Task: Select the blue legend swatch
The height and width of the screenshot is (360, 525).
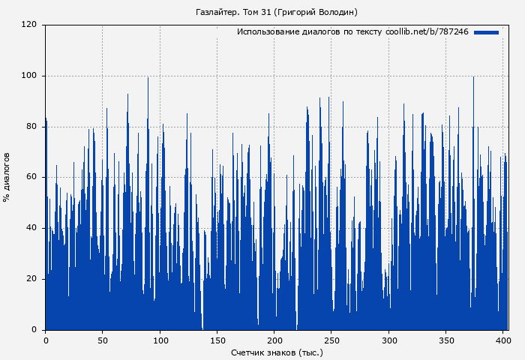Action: click(x=486, y=32)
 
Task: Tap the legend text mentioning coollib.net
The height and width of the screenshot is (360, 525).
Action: click(x=352, y=32)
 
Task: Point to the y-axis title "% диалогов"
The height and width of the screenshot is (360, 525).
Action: click(x=7, y=177)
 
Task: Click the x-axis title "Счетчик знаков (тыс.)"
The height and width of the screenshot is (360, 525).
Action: click(x=277, y=352)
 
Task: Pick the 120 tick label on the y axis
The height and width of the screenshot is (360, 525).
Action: click(x=29, y=25)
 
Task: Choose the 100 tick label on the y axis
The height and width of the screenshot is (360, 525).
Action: click(x=29, y=76)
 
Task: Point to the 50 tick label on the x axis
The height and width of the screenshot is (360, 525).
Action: click(x=103, y=340)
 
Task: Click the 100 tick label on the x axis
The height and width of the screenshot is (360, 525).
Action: click(x=160, y=340)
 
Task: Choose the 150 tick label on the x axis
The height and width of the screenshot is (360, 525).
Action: click(x=217, y=340)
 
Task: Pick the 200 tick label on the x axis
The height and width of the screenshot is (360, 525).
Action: click(x=274, y=340)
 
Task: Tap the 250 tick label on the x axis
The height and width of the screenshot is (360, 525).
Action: click(x=331, y=340)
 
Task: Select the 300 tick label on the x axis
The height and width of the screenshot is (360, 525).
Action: click(x=388, y=340)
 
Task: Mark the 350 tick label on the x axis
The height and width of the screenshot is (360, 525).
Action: click(x=446, y=340)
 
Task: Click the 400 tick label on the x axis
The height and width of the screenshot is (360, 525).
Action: click(x=503, y=340)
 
